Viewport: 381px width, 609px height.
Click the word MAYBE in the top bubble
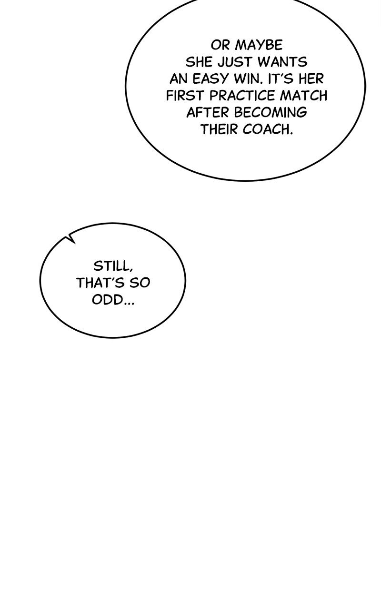[x=259, y=45]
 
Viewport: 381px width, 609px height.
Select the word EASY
[x=211, y=79]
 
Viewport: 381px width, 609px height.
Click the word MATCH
[x=304, y=96]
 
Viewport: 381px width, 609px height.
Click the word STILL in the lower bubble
[x=113, y=266]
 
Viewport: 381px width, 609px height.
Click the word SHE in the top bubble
[x=199, y=62]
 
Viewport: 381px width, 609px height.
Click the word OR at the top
[x=220, y=45]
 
